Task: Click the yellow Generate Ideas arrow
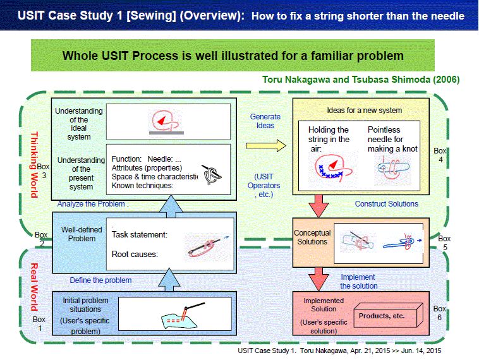pos(266,146)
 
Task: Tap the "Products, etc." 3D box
pos(388,316)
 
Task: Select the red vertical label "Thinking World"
pos(34,165)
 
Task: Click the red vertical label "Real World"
pos(34,287)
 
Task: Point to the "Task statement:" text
pos(140,234)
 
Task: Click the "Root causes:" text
pos(135,254)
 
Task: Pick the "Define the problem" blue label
pos(100,280)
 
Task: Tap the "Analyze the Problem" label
pos(91,203)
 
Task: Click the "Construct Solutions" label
pos(387,203)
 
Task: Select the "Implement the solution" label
pos(359,282)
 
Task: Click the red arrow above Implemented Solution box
pos(318,279)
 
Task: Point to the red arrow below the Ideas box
pos(318,207)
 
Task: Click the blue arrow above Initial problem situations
pos(169,280)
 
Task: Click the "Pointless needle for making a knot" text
pos(392,139)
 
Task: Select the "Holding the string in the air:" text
pos(329,139)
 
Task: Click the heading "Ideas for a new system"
pos(365,111)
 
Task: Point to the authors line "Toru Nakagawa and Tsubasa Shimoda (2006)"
pos(361,80)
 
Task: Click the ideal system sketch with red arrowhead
pos(166,122)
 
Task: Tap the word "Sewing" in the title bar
pos(151,15)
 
